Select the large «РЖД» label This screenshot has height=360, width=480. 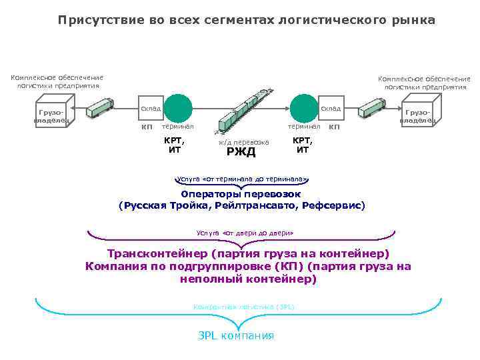coord(241,152)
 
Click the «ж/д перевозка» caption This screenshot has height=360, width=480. coord(244,141)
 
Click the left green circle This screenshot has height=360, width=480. coord(178,107)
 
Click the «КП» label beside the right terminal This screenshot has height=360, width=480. coord(335,127)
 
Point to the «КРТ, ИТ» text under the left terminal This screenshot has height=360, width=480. coord(174,145)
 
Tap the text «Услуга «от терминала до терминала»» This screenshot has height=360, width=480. coord(241,179)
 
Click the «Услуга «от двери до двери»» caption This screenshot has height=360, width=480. coord(245,233)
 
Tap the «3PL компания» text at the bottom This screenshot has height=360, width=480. coord(236,335)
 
